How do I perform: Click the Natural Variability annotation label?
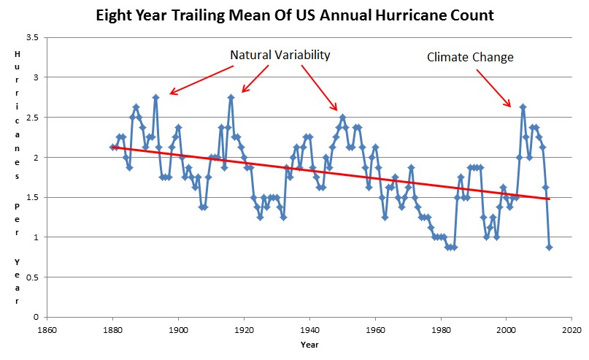pos(280,55)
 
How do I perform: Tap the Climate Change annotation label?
pos(470,56)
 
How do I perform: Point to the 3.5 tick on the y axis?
pos(32,37)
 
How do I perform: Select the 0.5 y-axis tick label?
pos(32,277)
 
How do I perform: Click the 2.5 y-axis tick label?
pos(32,117)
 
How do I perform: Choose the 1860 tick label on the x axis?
pos(47,329)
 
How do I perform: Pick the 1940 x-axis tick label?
pos(309,329)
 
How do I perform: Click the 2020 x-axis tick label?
pos(571,329)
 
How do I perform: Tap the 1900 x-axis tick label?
pos(178,329)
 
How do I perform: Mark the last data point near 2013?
pos(549,247)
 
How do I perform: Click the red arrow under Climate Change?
pos(493,87)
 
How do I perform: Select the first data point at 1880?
pos(112,147)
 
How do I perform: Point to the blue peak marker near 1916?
pos(231,97)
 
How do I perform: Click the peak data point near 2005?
pos(523,107)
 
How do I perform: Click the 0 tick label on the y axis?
pos(36,317)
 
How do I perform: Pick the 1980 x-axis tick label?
pos(441,329)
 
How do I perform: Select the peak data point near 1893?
pos(155,97)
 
